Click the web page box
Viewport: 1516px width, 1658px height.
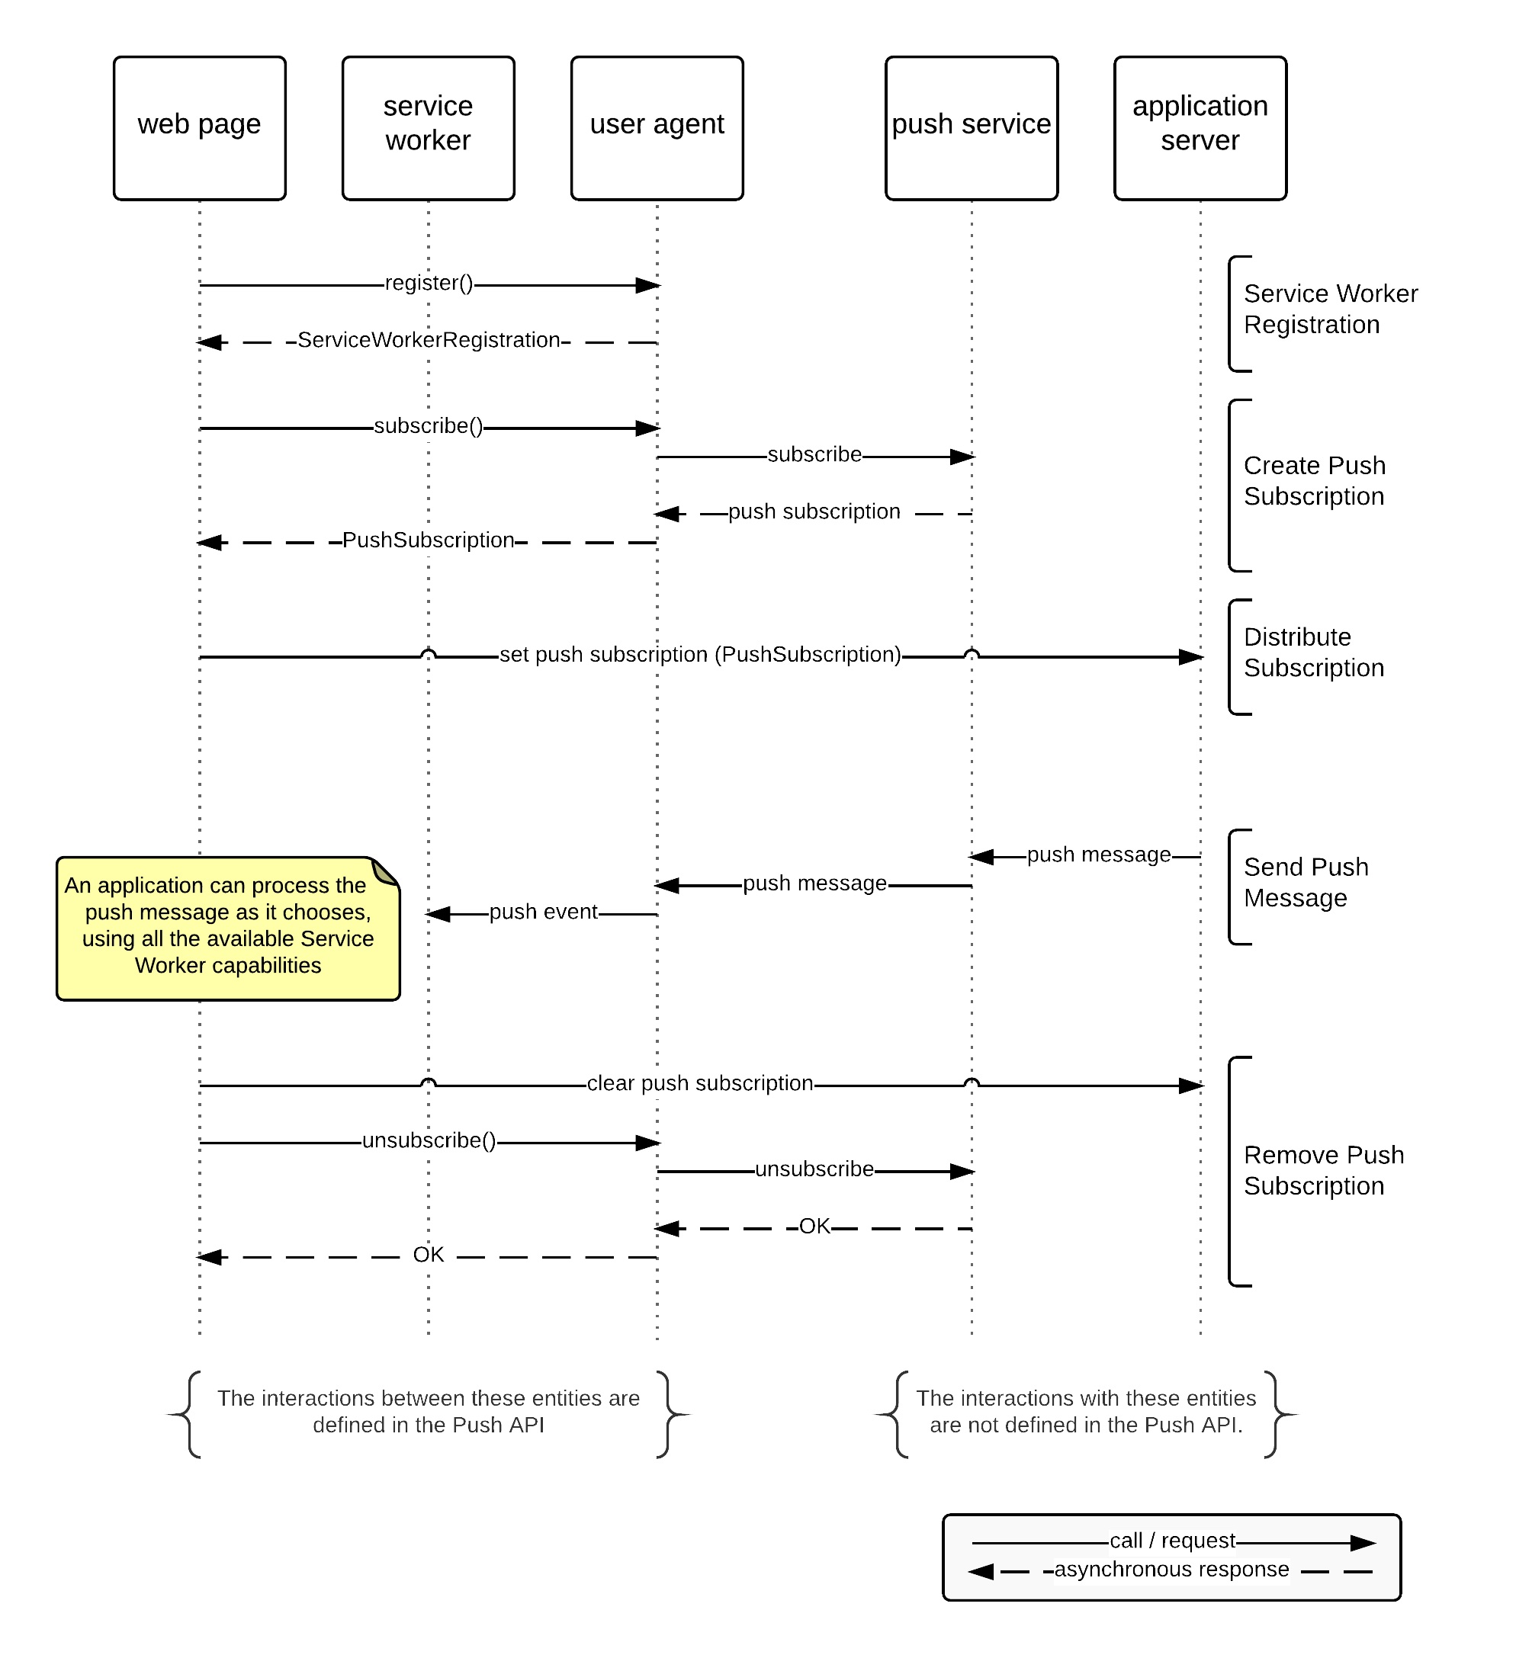click(x=199, y=127)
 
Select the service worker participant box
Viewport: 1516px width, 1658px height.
click(x=428, y=127)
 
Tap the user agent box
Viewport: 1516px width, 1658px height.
click(x=657, y=127)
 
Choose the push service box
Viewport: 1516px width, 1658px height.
click(x=971, y=127)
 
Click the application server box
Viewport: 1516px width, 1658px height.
click(x=1200, y=127)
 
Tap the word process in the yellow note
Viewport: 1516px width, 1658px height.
click(x=291, y=886)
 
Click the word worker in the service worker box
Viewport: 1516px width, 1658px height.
click(x=428, y=140)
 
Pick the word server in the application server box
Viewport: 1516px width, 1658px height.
click(x=1200, y=140)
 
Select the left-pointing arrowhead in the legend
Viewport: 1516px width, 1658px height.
click(x=981, y=1572)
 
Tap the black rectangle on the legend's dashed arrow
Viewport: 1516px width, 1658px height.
click(x=1171, y=1572)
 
